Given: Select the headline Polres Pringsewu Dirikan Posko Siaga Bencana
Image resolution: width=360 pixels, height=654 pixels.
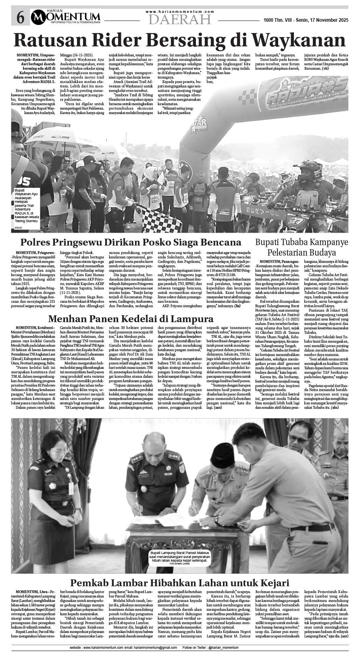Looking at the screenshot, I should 131,242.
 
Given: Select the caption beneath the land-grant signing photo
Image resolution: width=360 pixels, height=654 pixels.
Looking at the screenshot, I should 180,556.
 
